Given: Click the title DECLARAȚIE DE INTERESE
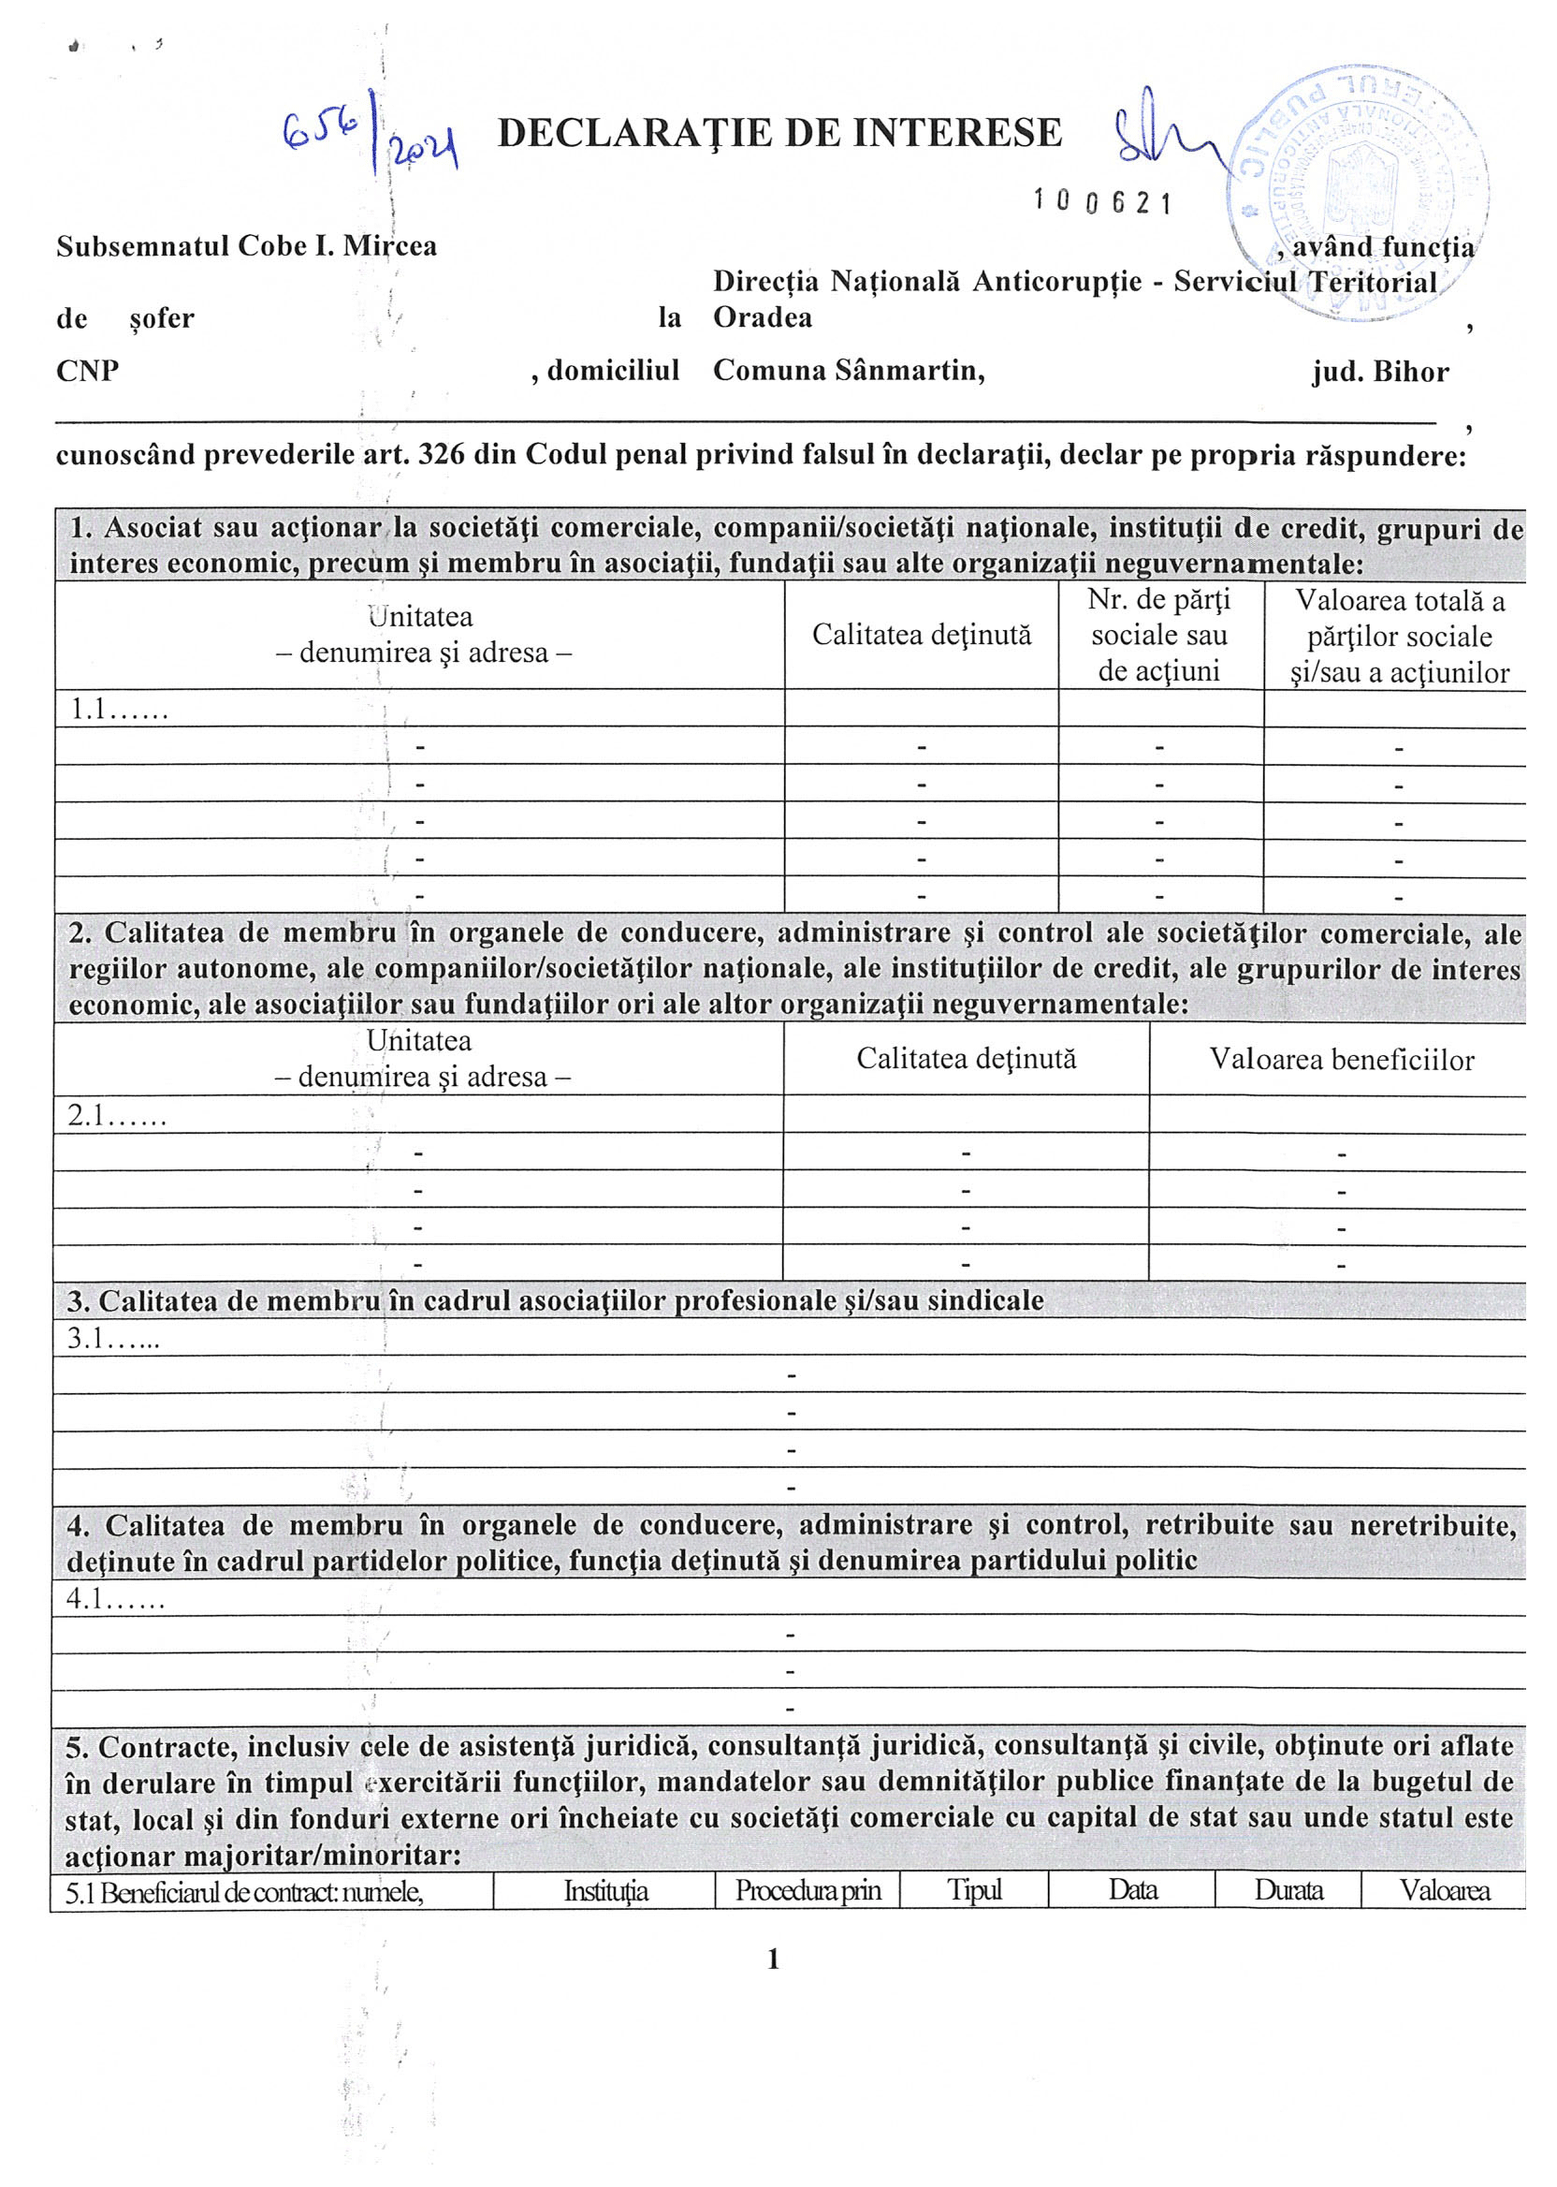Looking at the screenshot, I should coord(779,133).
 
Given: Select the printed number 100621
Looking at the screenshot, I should coord(1101,202).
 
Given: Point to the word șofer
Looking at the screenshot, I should coord(161,318).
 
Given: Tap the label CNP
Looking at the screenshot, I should coord(87,372).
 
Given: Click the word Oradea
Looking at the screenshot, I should coord(763,317).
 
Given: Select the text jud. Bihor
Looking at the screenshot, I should coord(1379,373).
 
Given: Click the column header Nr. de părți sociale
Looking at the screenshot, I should coord(1159,635).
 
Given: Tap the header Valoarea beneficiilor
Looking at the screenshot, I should coord(1340,1060).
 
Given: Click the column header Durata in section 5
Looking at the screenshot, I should coord(1288,1890).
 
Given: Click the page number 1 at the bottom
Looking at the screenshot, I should coord(774,1959).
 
